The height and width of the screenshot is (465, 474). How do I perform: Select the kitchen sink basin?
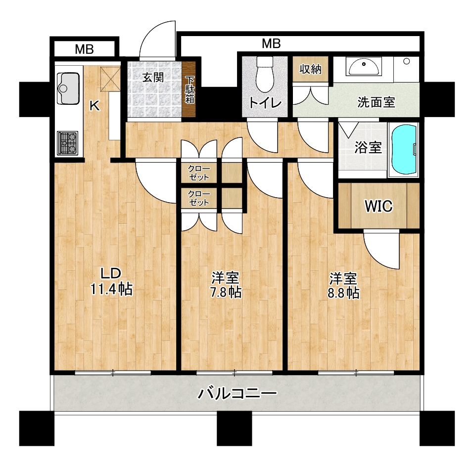point(68,88)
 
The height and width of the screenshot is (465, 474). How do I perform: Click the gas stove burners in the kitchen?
point(68,143)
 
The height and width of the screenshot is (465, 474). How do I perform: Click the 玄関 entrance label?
point(153,77)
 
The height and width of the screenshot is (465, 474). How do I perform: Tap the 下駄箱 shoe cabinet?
point(190,89)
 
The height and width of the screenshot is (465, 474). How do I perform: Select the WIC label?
point(379,206)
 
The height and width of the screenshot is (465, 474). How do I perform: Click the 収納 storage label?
point(310,69)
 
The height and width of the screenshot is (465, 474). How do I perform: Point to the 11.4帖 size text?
point(112,290)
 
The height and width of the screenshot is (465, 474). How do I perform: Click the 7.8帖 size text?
point(226,292)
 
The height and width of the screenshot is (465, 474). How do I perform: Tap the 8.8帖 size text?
point(344,293)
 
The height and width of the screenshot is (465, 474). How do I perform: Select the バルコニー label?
point(237,393)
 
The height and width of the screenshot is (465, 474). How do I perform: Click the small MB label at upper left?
point(84,49)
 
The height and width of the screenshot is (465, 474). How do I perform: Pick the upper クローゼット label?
point(199,173)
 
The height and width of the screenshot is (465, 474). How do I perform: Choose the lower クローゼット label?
point(199,198)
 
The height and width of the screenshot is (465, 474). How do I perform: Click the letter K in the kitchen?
point(95,106)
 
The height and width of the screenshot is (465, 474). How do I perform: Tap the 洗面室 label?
point(376,102)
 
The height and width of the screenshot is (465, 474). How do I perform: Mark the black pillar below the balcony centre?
point(235,428)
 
